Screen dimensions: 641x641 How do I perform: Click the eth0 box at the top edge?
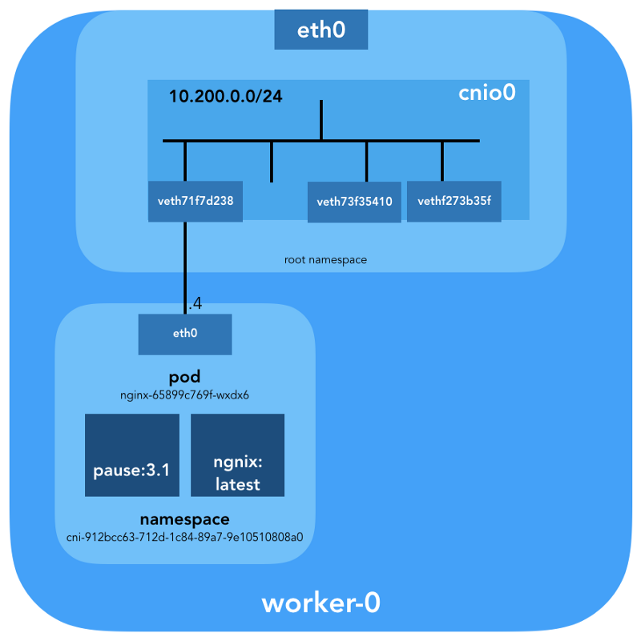(x=320, y=30)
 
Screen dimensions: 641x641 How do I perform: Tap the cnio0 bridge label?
(x=486, y=93)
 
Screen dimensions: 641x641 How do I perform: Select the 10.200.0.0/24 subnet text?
(x=225, y=97)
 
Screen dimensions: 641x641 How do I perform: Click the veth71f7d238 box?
(x=196, y=202)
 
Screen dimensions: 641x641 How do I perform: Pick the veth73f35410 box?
(x=354, y=202)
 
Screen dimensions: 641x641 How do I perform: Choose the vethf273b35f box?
(x=454, y=201)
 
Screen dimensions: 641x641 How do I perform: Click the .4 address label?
(x=195, y=304)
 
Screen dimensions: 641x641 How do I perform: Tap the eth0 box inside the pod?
(x=185, y=334)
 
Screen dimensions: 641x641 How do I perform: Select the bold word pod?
(x=184, y=377)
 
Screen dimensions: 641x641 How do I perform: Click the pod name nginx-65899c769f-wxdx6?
(x=184, y=394)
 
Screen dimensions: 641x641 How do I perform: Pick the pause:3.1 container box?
(x=132, y=455)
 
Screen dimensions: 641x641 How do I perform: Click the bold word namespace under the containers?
(x=184, y=519)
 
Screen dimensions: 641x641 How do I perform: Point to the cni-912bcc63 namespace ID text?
(x=184, y=536)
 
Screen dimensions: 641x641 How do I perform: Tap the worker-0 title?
(x=320, y=603)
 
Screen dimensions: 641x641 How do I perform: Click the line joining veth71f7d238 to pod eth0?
(x=185, y=264)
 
